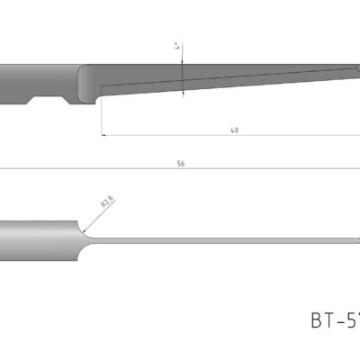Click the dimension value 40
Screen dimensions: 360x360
pos(234,130)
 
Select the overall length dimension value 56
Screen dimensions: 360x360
pos(180,164)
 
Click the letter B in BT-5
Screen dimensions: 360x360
pos(316,319)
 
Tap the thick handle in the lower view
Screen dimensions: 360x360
pos(40,239)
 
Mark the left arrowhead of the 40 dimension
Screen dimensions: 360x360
pos(103,136)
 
